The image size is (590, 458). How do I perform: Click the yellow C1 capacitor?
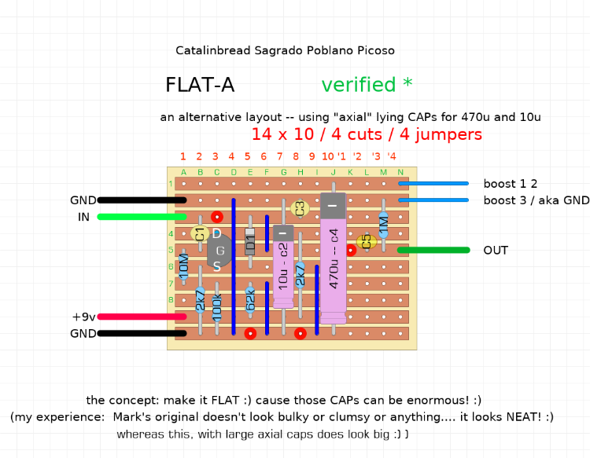click(200, 233)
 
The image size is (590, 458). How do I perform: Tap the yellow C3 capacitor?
click(299, 208)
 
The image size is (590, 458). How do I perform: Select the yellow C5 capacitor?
click(365, 241)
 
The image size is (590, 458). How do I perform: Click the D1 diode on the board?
click(250, 241)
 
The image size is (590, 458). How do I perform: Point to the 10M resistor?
click(183, 267)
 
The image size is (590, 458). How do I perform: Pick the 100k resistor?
click(217, 306)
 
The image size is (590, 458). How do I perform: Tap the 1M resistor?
click(383, 225)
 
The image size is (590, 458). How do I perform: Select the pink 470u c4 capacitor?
click(333, 267)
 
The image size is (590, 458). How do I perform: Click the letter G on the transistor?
click(219, 251)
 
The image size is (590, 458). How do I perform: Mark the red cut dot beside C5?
click(351, 251)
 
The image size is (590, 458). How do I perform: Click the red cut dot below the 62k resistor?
click(250, 333)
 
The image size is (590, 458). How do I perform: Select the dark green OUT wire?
click(433, 250)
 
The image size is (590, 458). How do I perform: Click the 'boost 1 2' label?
click(510, 184)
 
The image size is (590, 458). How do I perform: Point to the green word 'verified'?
click(359, 85)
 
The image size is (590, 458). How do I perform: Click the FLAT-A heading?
click(200, 85)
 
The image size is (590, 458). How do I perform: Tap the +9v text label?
click(83, 317)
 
